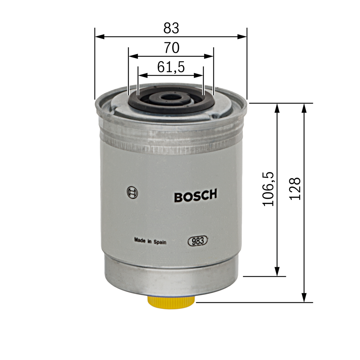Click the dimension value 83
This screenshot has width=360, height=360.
[171, 28]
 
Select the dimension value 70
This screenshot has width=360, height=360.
[172, 48]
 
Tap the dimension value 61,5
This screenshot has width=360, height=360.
[171, 67]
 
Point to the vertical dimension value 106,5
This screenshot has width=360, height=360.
[268, 189]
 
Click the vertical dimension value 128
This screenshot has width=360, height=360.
[295, 189]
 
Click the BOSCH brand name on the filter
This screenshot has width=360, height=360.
[195, 195]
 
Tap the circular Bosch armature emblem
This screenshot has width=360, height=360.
[133, 192]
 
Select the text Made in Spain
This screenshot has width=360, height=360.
[150, 241]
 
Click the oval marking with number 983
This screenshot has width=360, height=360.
[198, 241]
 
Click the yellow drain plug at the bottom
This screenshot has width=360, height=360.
[171, 302]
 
